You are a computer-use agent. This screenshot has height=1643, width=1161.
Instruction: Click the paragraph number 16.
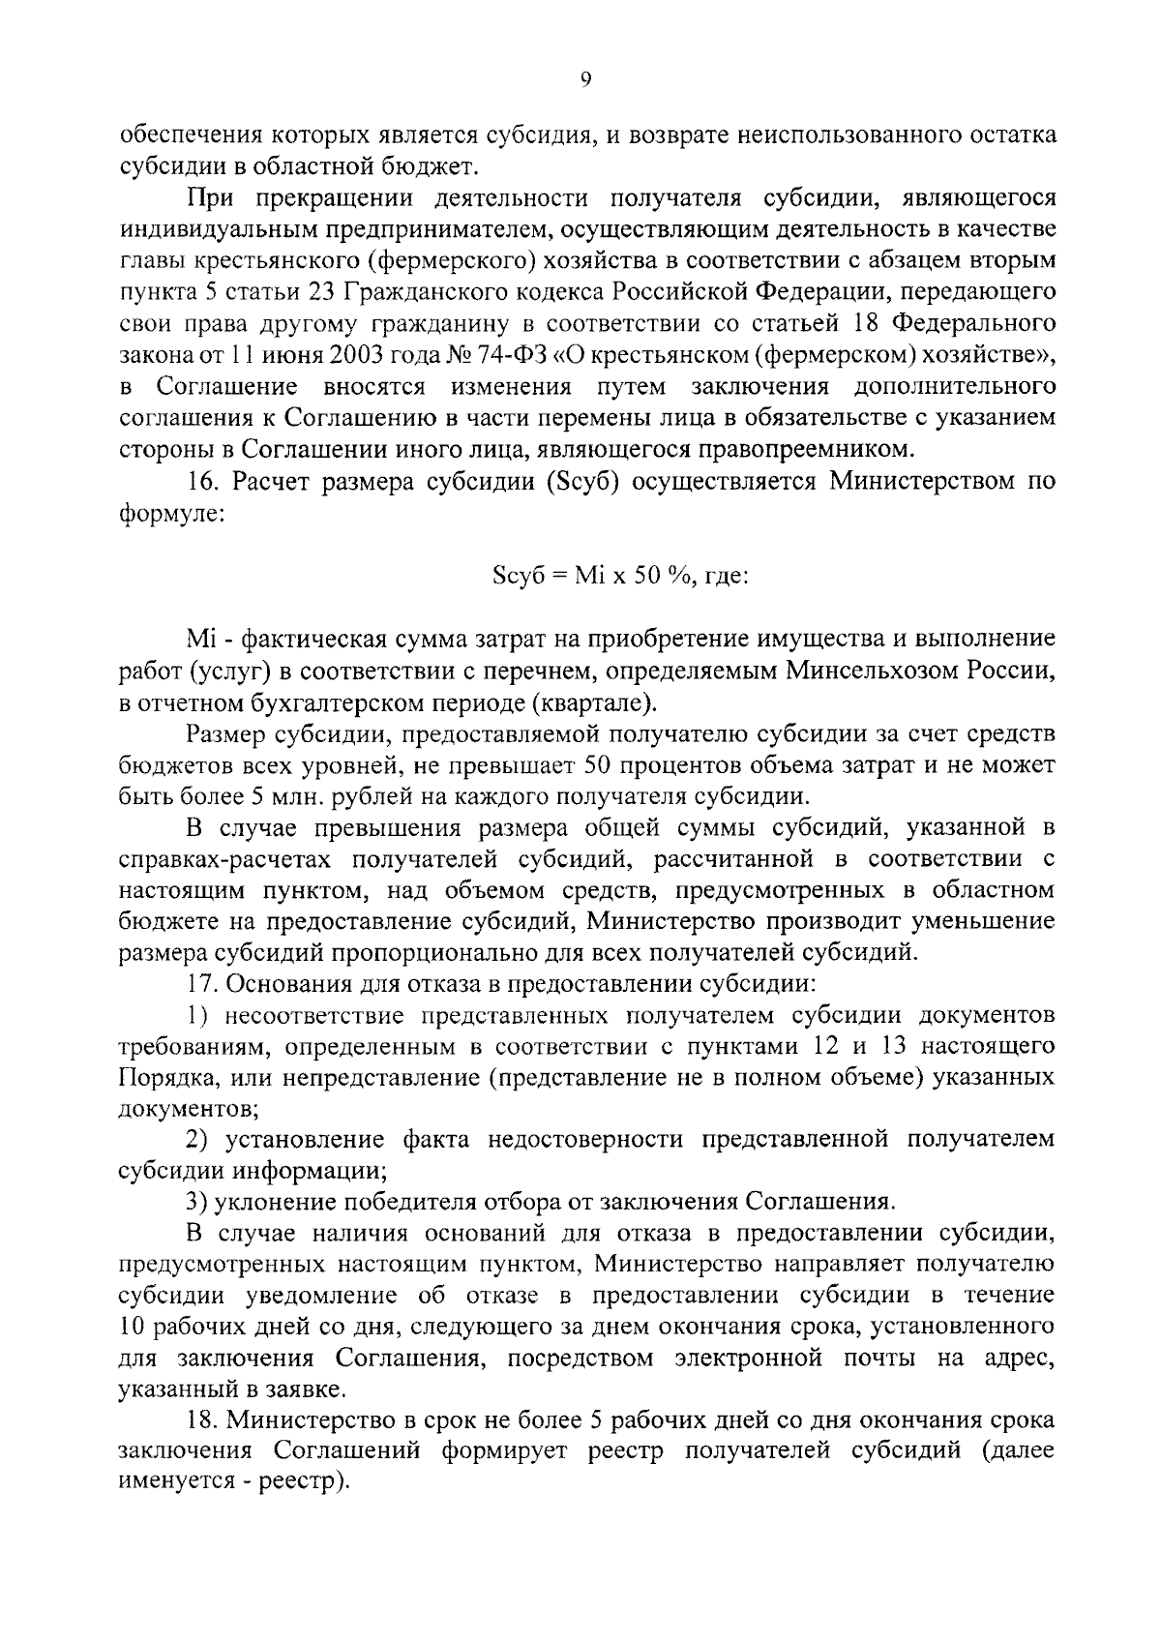(203, 481)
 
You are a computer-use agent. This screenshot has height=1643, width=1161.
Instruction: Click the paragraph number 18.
(203, 1421)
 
